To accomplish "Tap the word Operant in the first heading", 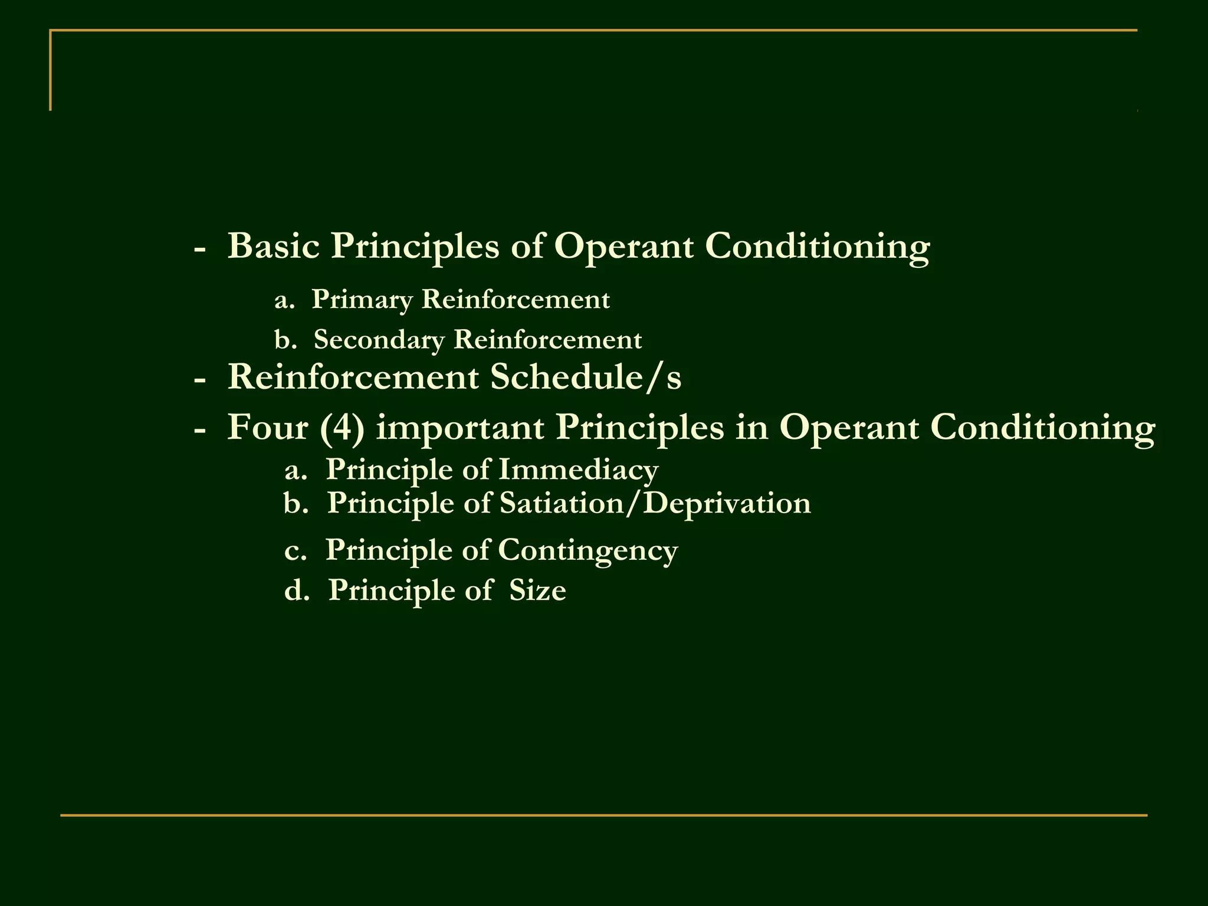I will coord(623,247).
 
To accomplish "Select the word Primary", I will coord(362,300).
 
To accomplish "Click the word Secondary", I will coord(379,340).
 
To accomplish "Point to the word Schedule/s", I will coord(586,377).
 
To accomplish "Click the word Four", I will coord(267,427).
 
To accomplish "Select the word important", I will coord(459,428).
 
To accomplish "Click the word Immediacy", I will coord(578,470).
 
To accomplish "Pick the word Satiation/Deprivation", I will coord(655,503).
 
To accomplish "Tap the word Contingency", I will coord(587,551).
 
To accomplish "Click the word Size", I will coord(537,590).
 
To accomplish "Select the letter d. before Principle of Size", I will coord(296,590).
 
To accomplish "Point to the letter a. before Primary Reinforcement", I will coord(284,300).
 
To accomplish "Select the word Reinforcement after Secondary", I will coord(547,340).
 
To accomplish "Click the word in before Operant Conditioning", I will coord(751,427).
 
